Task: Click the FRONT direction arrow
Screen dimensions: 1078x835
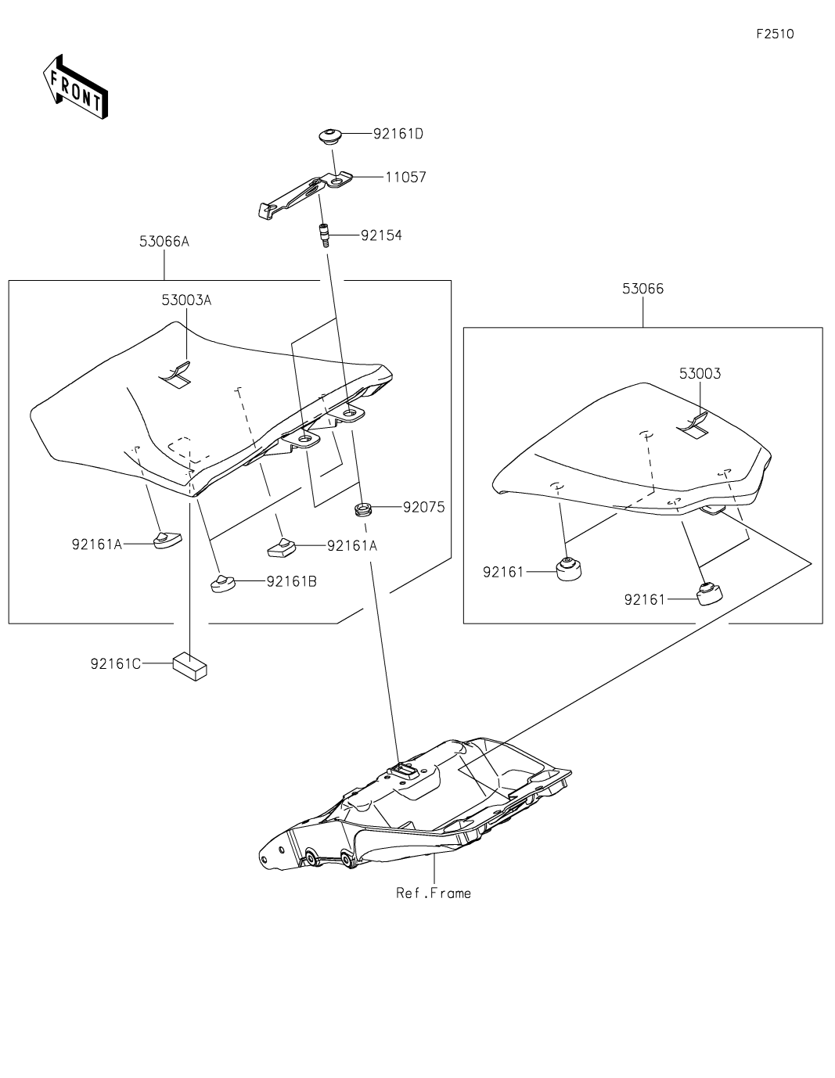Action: (75, 87)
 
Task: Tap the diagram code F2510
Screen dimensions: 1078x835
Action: (775, 34)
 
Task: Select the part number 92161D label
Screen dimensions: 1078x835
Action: (398, 134)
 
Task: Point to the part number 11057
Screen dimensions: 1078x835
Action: (405, 178)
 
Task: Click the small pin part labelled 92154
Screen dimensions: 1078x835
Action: (322, 234)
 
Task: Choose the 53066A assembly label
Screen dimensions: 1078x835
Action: (164, 242)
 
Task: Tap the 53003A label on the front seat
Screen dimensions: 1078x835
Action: (186, 300)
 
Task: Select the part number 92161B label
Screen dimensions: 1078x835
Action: (291, 581)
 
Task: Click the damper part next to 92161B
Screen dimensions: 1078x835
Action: (224, 583)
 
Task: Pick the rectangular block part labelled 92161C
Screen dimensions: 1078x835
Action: (190, 665)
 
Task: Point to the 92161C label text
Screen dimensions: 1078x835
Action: (116, 664)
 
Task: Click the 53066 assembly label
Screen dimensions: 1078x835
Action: (642, 289)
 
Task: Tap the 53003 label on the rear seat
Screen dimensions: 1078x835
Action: (700, 374)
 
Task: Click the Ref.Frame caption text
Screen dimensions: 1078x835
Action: (434, 893)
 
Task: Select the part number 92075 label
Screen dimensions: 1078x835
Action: (423, 508)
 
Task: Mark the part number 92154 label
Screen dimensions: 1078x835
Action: (381, 235)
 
